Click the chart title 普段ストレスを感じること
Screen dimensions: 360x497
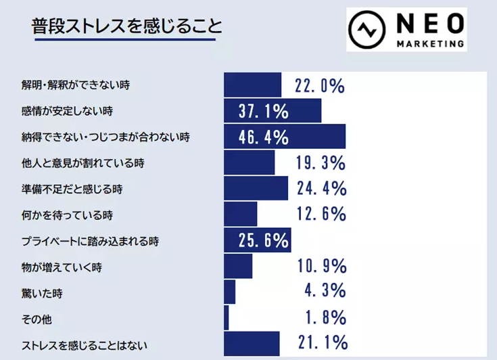tap(126, 27)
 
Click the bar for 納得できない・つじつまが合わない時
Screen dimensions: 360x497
tap(284, 137)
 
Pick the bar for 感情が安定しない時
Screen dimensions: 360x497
tap(272, 110)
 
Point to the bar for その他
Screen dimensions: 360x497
tap(226, 317)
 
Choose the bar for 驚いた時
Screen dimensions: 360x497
tap(229, 292)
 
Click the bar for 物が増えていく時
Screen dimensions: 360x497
tap(237, 265)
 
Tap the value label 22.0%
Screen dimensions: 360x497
tap(320, 86)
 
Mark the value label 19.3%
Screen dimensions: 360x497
tap(321, 163)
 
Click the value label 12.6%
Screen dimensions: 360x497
tap(321, 215)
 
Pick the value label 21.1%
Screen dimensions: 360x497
tap(321, 343)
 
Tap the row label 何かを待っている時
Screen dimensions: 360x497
tap(66, 215)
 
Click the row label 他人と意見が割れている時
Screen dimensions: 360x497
tap(83, 163)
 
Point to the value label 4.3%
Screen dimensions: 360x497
tap(325, 292)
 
